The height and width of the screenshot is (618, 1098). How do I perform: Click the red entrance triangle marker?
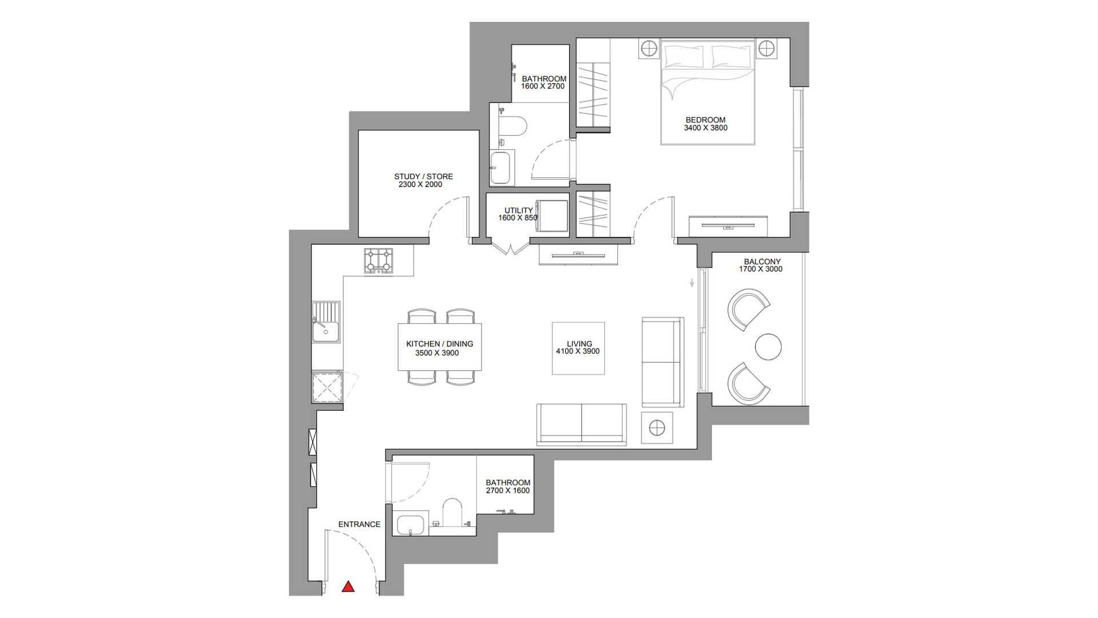click(348, 587)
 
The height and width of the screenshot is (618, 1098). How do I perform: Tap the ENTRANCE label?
click(359, 524)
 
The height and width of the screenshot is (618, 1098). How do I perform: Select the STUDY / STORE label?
click(423, 176)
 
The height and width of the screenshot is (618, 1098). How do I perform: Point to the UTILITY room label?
click(519, 211)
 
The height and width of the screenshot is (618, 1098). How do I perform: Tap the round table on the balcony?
click(768, 347)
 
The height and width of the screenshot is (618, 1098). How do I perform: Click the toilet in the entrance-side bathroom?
click(452, 512)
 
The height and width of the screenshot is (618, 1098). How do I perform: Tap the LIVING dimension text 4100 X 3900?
click(578, 351)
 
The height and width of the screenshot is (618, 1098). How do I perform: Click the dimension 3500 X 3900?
click(437, 353)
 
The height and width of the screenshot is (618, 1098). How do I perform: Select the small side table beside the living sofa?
click(657, 427)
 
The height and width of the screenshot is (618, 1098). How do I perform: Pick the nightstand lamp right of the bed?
click(766, 49)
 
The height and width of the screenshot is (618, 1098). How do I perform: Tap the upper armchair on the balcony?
click(749, 310)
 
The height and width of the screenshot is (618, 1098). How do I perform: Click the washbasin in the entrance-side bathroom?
click(410, 525)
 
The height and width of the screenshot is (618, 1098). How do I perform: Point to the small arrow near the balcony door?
click(692, 283)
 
